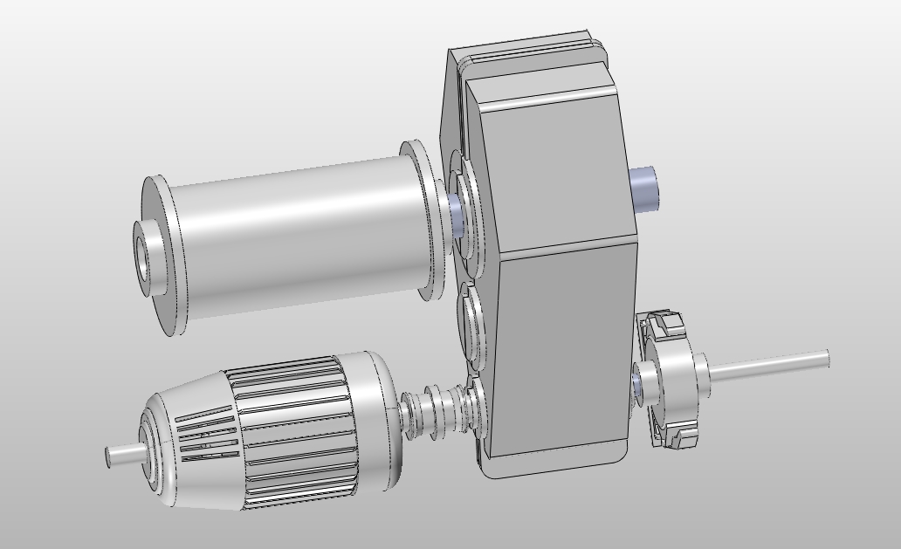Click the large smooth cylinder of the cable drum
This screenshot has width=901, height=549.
(x=297, y=236)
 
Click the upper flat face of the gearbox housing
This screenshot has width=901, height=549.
(x=550, y=166)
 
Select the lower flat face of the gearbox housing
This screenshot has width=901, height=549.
(x=559, y=349)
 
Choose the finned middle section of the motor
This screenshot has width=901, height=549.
(x=297, y=428)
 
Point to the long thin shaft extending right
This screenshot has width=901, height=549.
(x=768, y=364)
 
